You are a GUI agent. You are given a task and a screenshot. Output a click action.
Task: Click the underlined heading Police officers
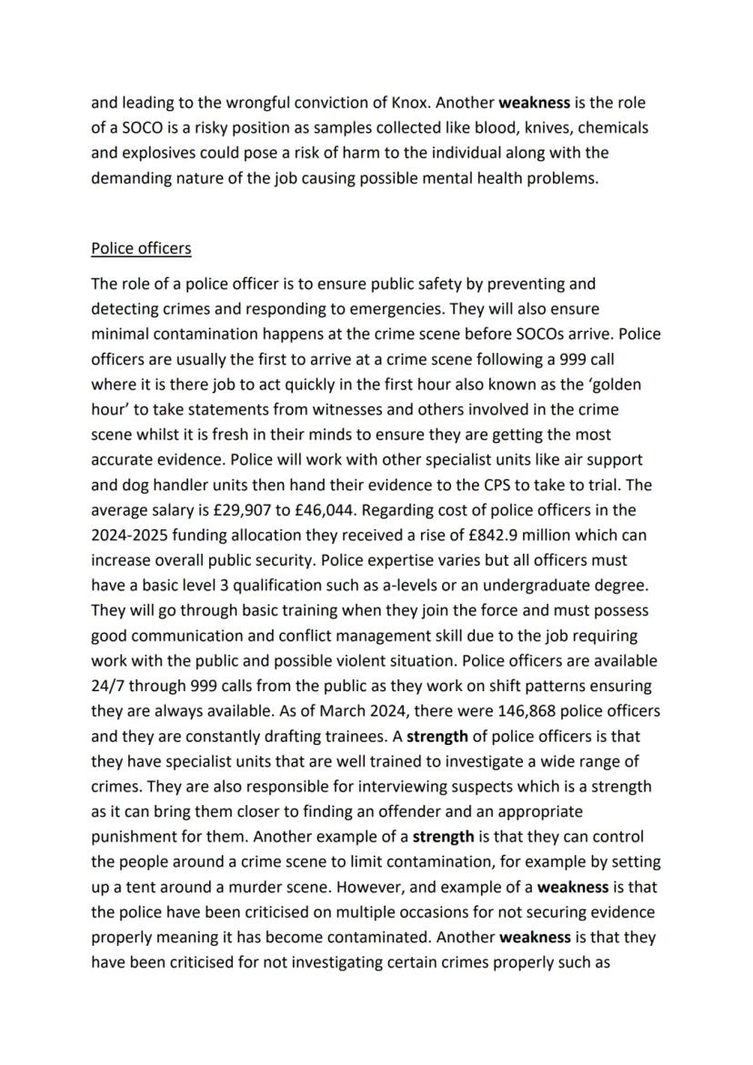click(x=141, y=248)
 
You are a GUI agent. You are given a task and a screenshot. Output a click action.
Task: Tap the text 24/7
click(x=108, y=686)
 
